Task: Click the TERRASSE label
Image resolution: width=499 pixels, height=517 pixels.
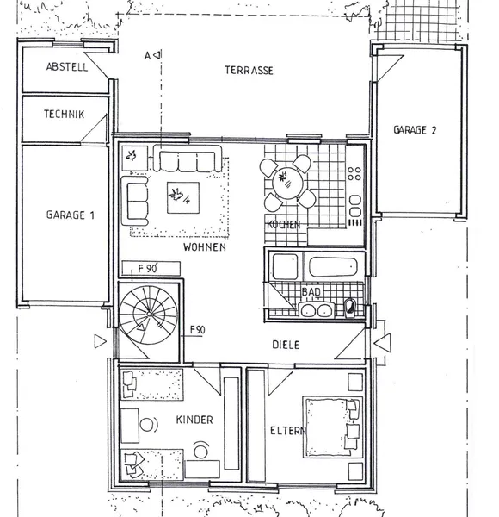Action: (x=249, y=71)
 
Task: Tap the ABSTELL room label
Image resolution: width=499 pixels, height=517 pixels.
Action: (x=67, y=67)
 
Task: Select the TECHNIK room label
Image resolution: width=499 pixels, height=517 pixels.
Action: (x=65, y=114)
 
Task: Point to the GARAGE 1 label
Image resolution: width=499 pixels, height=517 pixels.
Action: (x=70, y=215)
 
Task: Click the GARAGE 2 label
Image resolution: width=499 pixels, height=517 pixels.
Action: (x=415, y=130)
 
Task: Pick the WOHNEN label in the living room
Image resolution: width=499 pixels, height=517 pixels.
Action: (x=205, y=247)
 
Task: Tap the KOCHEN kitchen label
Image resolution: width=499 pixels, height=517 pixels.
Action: (x=283, y=225)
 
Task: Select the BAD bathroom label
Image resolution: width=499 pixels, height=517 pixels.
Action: (x=311, y=292)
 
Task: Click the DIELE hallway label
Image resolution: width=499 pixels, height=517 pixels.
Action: (x=286, y=345)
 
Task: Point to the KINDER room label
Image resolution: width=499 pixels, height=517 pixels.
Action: (x=194, y=420)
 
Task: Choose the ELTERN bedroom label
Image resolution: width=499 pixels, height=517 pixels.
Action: (x=287, y=431)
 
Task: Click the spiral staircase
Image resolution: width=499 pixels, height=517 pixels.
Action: (x=149, y=315)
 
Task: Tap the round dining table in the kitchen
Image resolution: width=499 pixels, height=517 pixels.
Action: (x=287, y=184)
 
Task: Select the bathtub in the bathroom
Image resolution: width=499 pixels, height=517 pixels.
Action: (x=333, y=267)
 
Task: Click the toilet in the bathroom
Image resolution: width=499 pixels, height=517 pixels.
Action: (x=349, y=308)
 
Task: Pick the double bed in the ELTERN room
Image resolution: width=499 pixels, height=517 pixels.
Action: (x=332, y=427)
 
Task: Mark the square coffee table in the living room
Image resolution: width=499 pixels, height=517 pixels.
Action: (x=183, y=197)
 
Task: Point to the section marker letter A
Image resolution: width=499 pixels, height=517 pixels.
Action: (x=147, y=56)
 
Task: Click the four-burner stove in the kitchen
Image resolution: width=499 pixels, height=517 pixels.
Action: (x=354, y=173)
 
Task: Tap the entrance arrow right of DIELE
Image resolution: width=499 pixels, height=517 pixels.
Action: (x=383, y=342)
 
